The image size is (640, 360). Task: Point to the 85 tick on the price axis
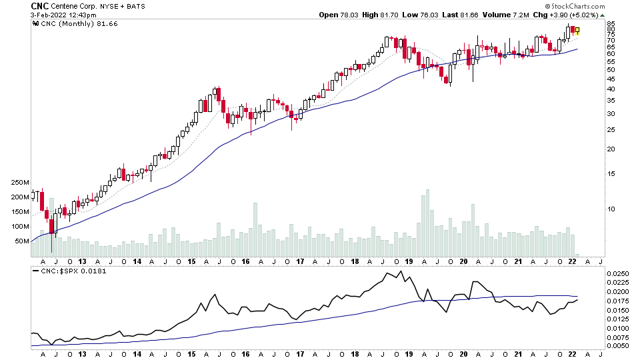click(610, 24)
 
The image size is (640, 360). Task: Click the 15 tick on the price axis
click(610, 174)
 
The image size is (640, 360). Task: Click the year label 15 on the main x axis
click(191, 263)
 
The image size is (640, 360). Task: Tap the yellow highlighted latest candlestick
click(577, 31)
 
